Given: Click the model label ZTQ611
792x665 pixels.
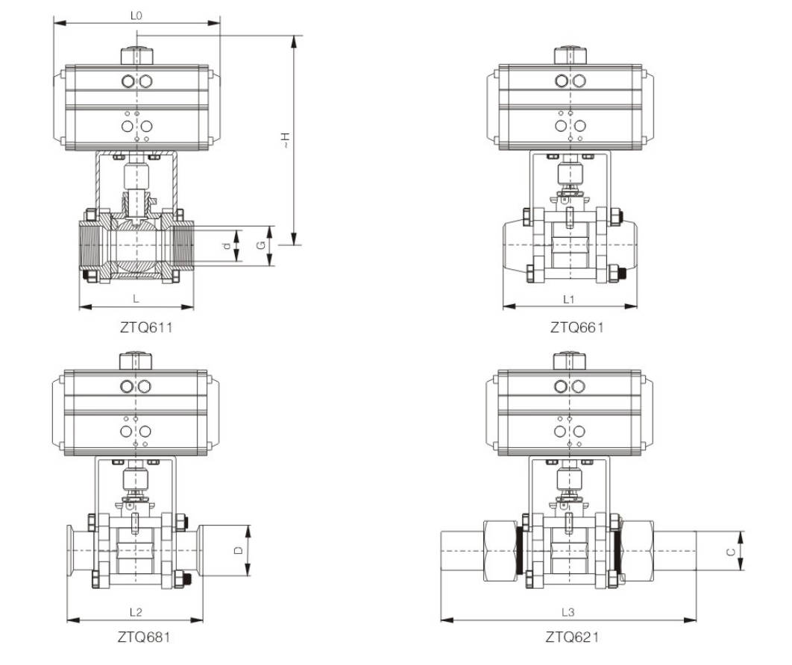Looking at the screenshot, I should point(136,327).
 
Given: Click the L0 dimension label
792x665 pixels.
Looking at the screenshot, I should point(136,15).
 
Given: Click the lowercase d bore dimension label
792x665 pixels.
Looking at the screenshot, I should point(227,246).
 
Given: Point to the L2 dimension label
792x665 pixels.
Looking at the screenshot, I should point(136,612).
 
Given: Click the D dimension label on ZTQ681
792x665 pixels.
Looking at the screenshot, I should point(238,551).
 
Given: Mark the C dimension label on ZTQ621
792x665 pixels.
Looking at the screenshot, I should point(731,551).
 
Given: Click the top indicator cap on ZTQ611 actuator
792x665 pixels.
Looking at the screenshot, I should point(136,56).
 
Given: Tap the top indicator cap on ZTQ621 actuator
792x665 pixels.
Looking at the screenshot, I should point(570,362).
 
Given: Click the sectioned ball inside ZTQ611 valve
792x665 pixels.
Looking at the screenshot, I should point(136,246).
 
